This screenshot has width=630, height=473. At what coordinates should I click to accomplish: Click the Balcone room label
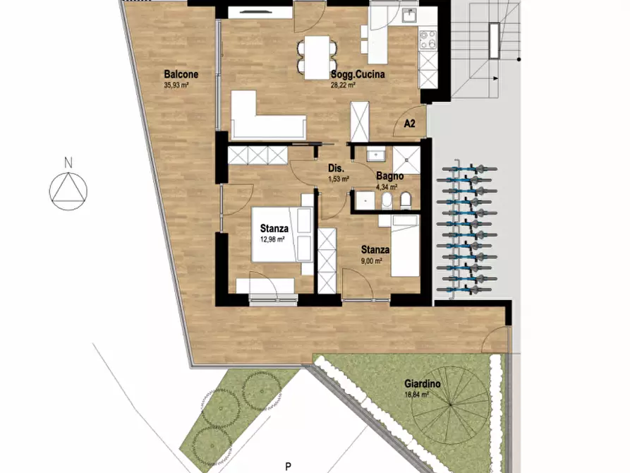pyautogui.click(x=181, y=74)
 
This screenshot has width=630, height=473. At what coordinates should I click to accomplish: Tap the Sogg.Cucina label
pyautogui.click(x=358, y=74)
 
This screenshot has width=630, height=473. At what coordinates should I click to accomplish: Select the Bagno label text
pyautogui.click(x=389, y=176)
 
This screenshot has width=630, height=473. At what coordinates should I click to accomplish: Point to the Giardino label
pyautogui.click(x=423, y=384)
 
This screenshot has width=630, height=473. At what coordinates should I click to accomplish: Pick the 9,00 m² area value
pyautogui.click(x=372, y=261)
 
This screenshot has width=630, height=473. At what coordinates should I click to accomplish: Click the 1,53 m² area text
pyautogui.click(x=339, y=179)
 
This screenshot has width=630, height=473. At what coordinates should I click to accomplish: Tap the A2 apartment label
pyautogui.click(x=409, y=124)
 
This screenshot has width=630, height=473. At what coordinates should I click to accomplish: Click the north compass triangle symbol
pyautogui.click(x=68, y=188)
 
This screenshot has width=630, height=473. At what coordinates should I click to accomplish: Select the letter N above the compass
pyautogui.click(x=68, y=163)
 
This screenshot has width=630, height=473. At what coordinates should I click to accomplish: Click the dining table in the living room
pyautogui.click(x=317, y=57)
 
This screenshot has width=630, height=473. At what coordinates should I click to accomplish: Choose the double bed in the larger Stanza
pyautogui.click(x=282, y=234)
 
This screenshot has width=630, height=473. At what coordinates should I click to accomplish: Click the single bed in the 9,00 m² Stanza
pyautogui.click(x=405, y=246)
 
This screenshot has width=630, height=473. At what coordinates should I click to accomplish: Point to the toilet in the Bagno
pyautogui.click(x=406, y=200)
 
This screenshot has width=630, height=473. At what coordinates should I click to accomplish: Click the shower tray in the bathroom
pyautogui.click(x=406, y=160)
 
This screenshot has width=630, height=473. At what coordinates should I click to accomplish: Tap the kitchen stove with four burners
pyautogui.click(x=428, y=40)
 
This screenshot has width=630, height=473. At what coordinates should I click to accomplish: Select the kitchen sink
pyautogui.click(x=409, y=16)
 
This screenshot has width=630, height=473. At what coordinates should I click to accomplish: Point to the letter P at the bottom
pyautogui.click(x=288, y=467)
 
